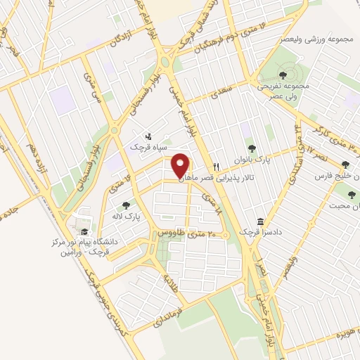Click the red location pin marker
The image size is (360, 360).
click(x=181, y=165)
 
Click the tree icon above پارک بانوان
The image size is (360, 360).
click(x=252, y=148)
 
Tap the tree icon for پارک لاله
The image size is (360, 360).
click(x=126, y=205)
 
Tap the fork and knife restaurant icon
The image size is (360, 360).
click(x=217, y=167)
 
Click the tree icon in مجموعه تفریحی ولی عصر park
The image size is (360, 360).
click(x=282, y=72)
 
